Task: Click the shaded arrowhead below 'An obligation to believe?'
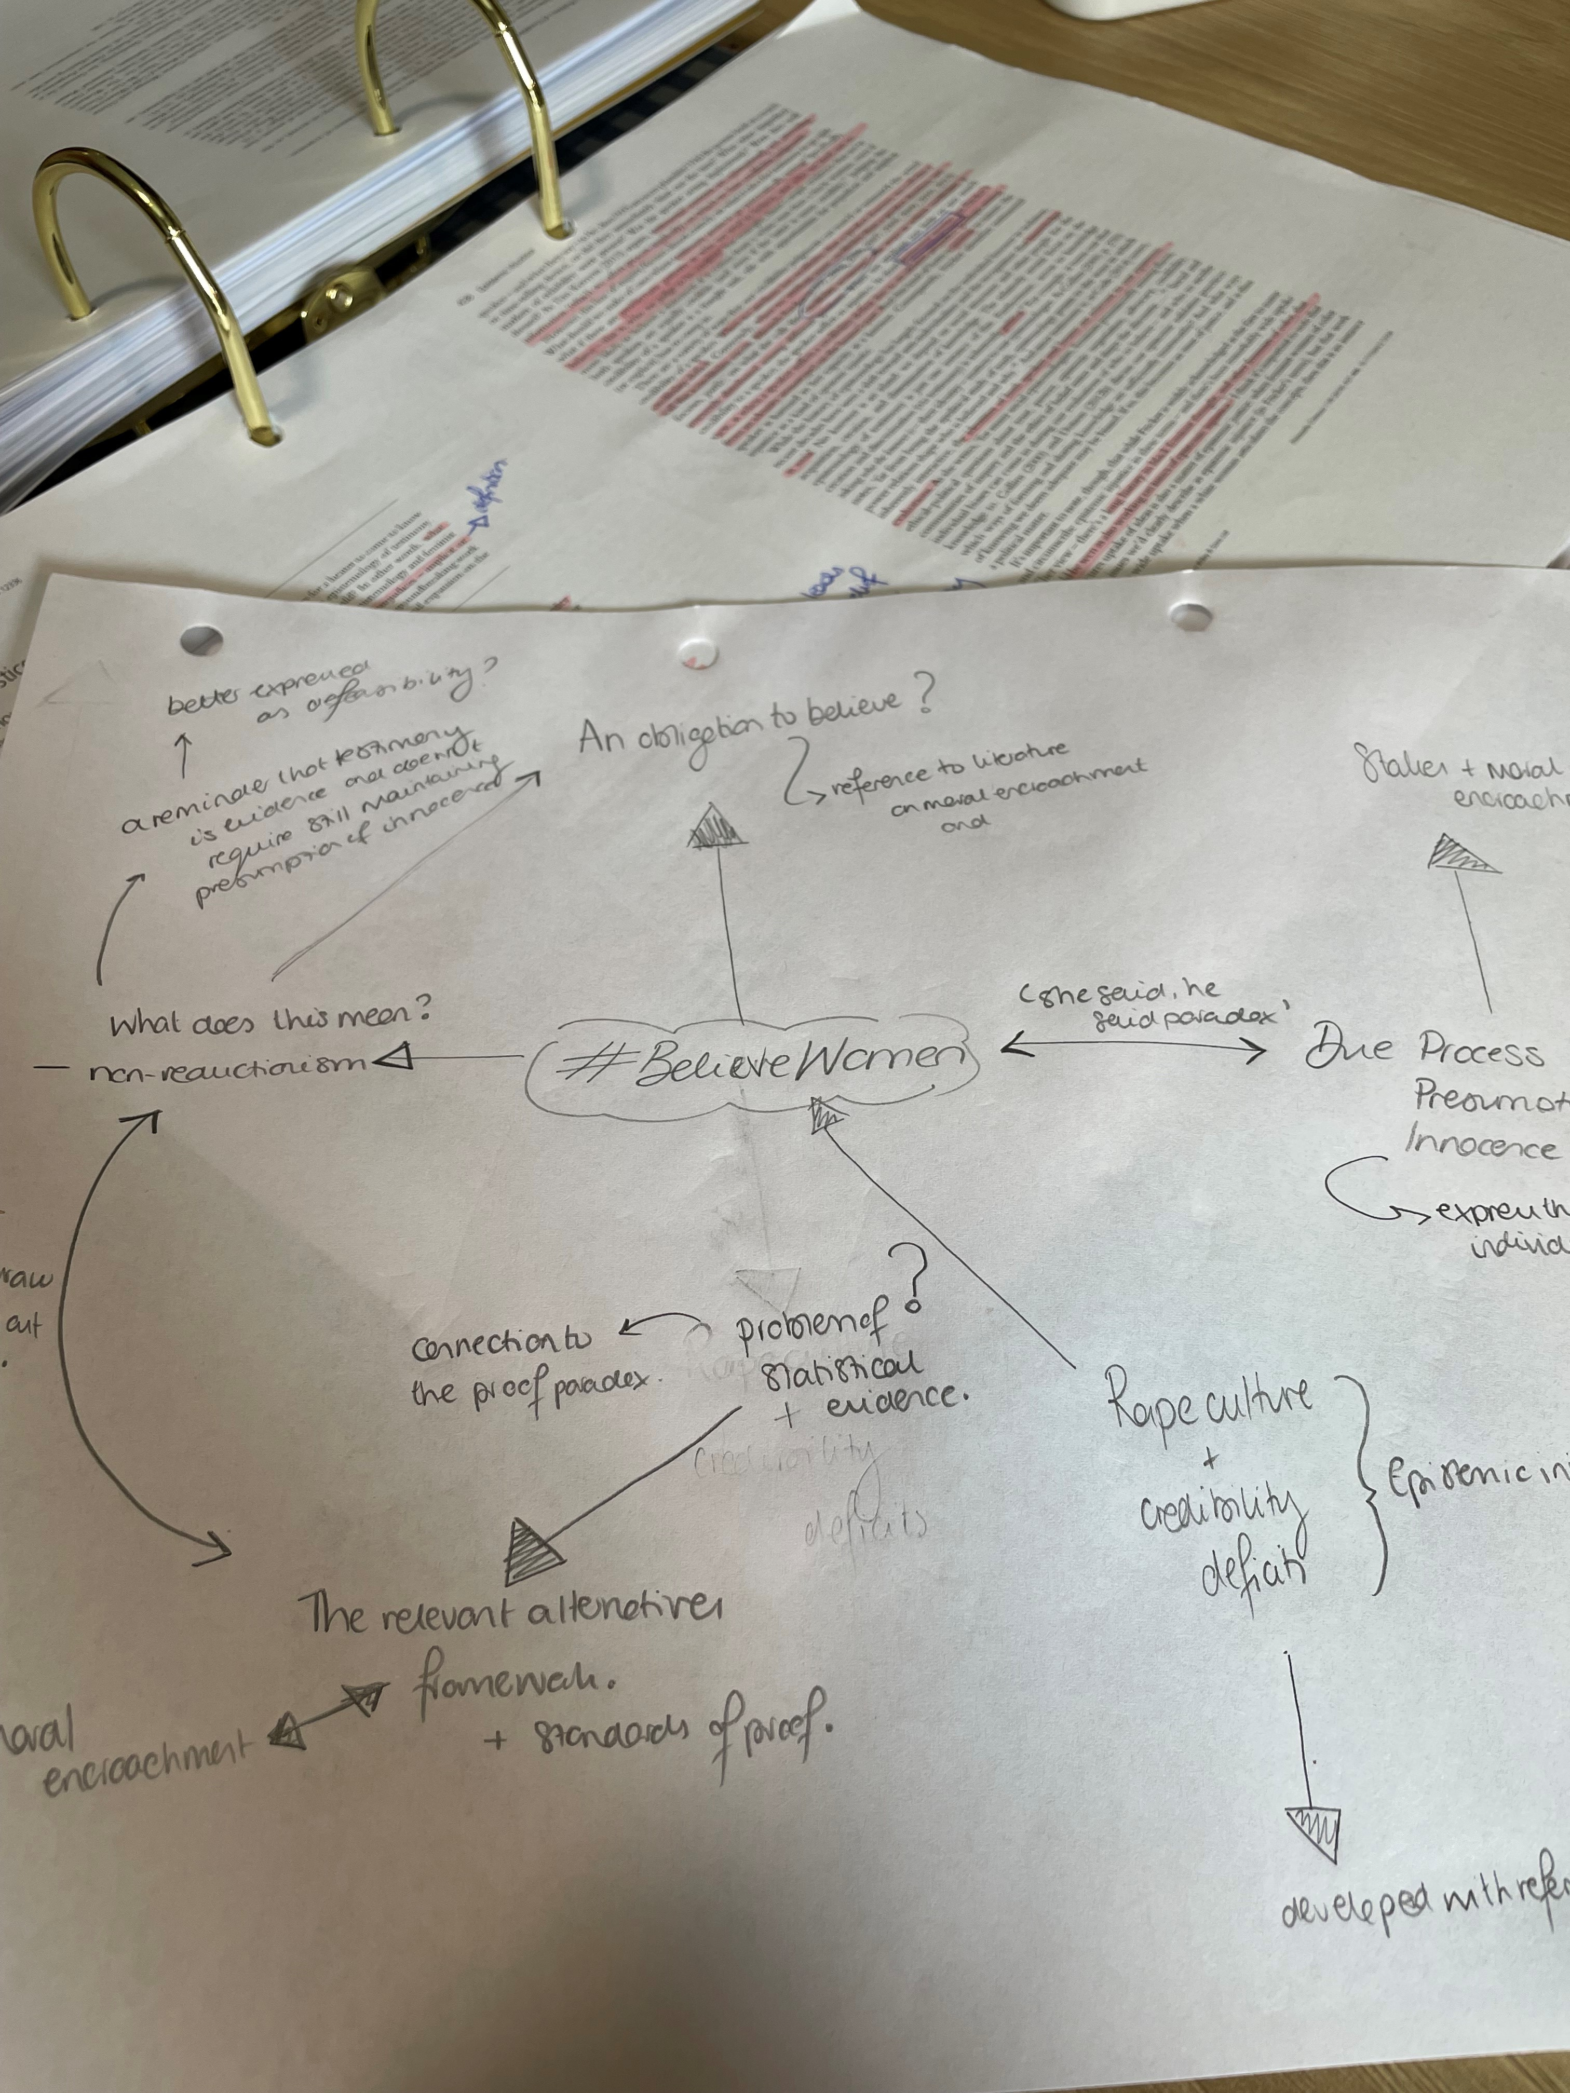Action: click(716, 833)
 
